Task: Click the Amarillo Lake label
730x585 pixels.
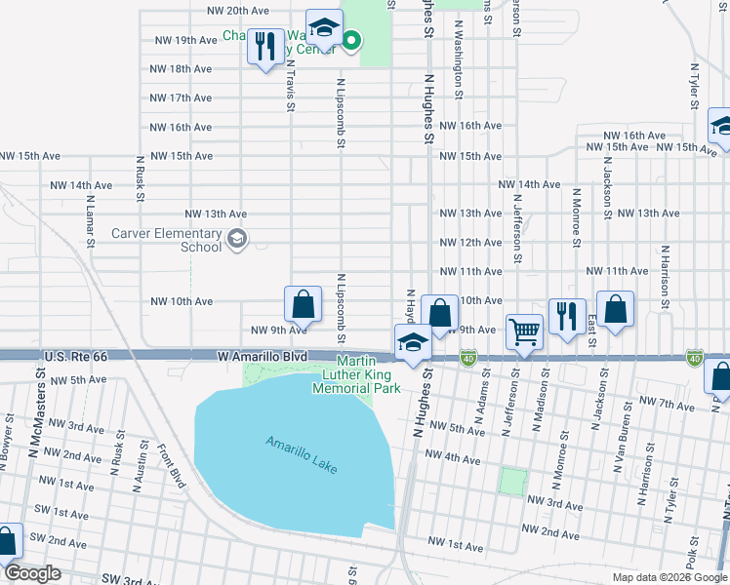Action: point(302,455)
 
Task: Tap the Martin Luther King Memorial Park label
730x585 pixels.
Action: point(356,374)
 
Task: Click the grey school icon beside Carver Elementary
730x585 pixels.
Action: point(236,239)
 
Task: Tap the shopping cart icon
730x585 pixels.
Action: point(525,332)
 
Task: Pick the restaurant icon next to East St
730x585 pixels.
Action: point(567,317)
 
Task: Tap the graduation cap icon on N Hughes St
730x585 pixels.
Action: point(413,342)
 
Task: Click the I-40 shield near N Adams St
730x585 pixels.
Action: point(469,358)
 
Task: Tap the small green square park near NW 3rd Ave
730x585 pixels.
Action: point(511,481)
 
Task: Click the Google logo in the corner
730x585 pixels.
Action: point(32,573)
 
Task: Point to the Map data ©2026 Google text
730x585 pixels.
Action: point(670,577)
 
